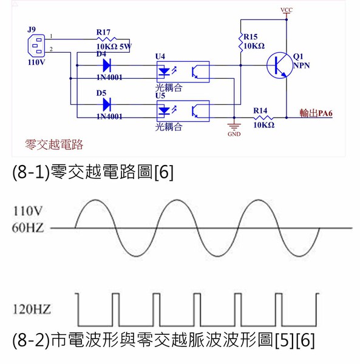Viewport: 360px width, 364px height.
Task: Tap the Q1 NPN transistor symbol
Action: point(279,64)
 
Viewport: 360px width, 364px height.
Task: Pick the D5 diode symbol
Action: point(106,104)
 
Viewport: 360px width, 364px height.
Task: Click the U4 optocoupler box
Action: point(182,71)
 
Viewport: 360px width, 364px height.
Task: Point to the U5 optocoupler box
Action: point(182,110)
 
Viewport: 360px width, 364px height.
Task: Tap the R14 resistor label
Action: point(261,110)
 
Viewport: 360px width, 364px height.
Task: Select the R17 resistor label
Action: point(103,32)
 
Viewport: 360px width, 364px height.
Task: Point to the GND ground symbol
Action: point(234,128)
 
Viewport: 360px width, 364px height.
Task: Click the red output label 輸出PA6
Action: point(320,113)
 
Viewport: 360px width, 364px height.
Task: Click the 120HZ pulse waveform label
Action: point(30,309)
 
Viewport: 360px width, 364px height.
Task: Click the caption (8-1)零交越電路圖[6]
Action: point(93,172)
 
